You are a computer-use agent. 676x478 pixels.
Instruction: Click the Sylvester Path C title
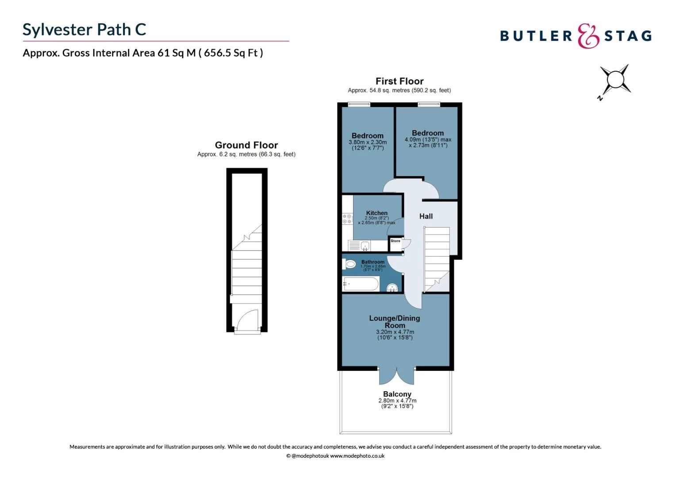[x=84, y=30]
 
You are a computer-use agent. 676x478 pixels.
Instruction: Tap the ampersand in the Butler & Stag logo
[x=588, y=36]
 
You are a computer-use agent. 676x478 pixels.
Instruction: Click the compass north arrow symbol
[x=615, y=81]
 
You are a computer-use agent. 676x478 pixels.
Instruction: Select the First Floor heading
[x=399, y=81]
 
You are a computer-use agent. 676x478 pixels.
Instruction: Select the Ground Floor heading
[x=246, y=145]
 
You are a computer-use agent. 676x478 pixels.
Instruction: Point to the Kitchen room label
[x=376, y=213]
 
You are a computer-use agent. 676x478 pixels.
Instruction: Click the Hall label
[x=426, y=216]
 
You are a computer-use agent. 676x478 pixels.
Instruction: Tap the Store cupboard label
[x=395, y=241]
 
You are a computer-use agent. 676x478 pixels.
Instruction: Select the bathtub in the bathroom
[x=361, y=284]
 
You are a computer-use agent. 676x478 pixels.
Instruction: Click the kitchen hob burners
[x=347, y=219]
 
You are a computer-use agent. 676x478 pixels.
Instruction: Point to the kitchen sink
[x=365, y=246]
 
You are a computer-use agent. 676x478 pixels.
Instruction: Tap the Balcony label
[x=397, y=394]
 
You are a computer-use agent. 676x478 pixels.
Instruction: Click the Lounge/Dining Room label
[x=394, y=321]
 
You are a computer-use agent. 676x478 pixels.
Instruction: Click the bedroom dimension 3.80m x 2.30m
[x=367, y=142]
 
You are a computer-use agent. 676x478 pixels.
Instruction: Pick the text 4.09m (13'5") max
[x=427, y=139]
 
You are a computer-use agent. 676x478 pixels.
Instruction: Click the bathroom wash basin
[x=392, y=288]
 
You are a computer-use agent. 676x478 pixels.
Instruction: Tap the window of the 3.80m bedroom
[x=359, y=104]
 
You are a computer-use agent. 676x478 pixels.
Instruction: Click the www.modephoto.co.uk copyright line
[x=335, y=456]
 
